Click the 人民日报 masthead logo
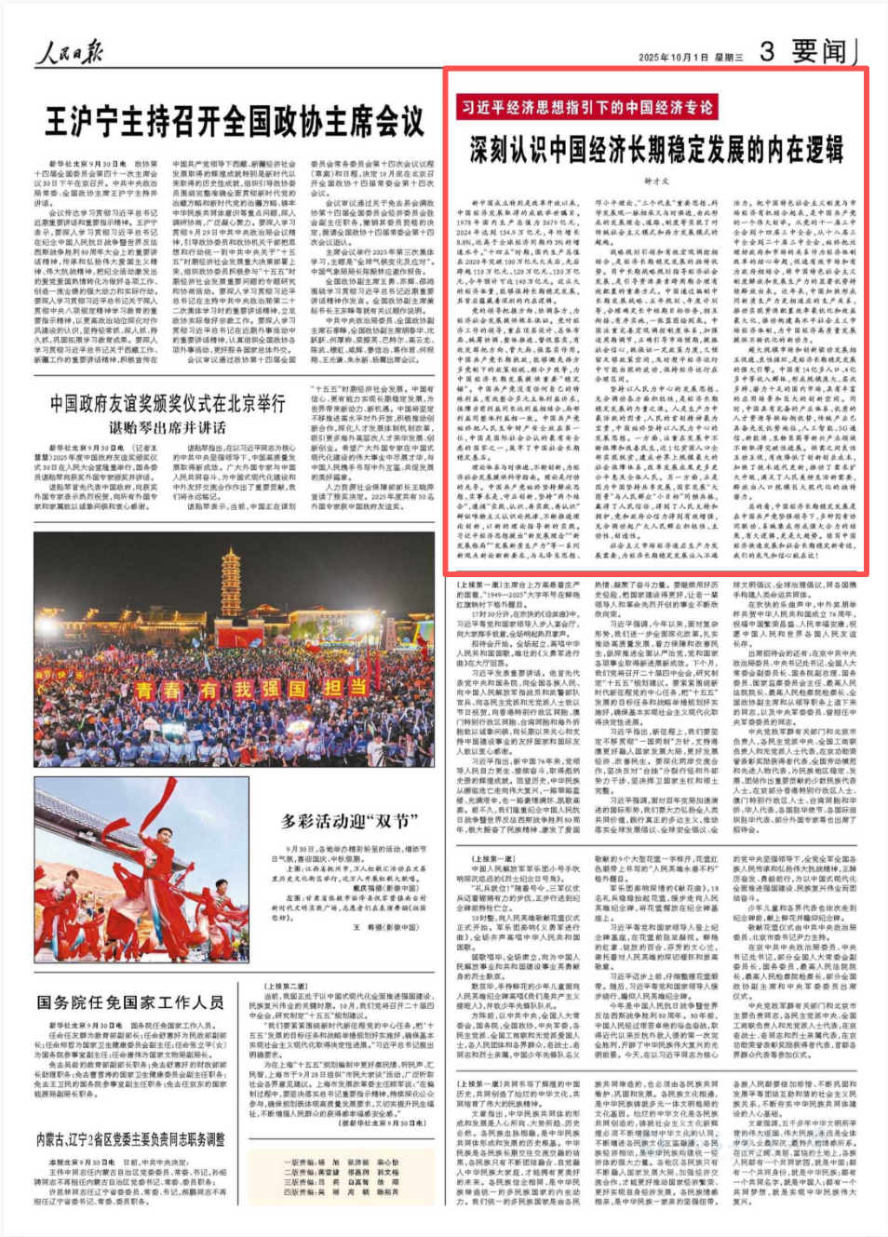[69, 52]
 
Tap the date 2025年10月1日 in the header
[675, 58]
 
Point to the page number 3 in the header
[767, 51]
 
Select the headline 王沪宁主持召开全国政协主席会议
[235, 122]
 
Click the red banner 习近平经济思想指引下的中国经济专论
[587, 107]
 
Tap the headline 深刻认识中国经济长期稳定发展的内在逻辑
[656, 149]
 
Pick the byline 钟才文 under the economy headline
[655, 182]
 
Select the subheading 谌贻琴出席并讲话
[168, 427]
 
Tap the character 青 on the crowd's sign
[145, 690]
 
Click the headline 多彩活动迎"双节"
[349, 821]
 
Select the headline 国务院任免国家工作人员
[130, 1002]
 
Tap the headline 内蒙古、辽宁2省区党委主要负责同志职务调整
[130, 1139]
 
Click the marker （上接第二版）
[285, 987]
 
